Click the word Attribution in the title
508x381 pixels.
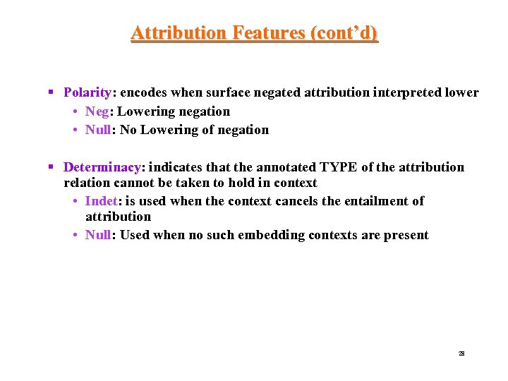(x=178, y=33)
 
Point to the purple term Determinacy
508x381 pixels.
(x=102, y=167)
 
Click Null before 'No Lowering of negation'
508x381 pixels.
(x=99, y=130)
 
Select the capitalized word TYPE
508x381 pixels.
(x=339, y=167)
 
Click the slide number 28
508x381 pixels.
(x=461, y=353)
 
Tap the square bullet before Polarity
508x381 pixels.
(x=51, y=92)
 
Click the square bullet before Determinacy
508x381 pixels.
(x=51, y=167)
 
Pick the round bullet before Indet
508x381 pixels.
(x=75, y=201)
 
